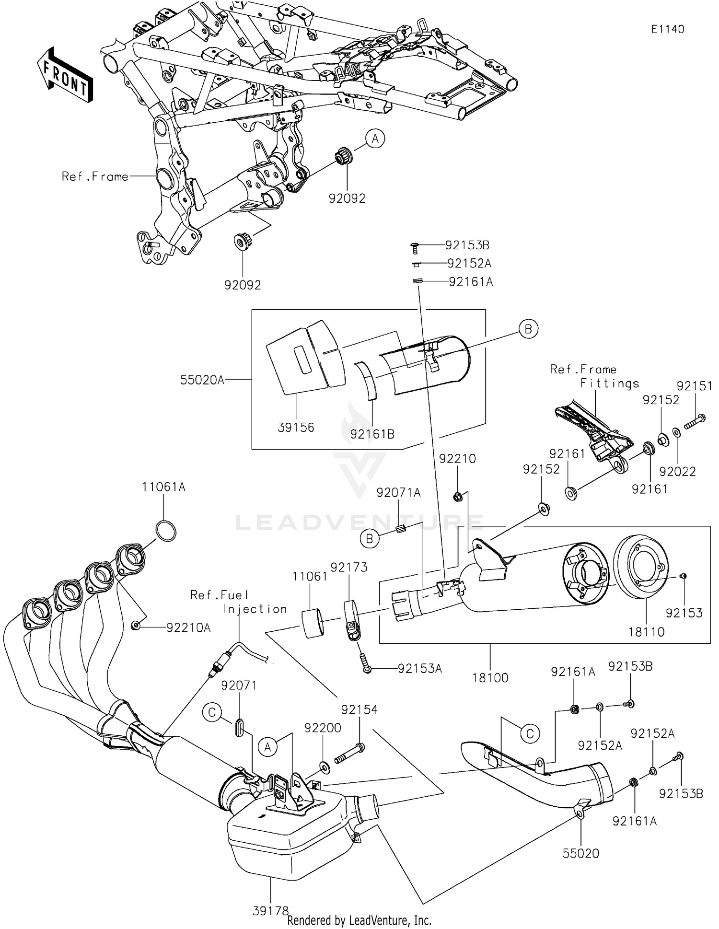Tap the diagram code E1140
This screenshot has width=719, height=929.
click(667, 29)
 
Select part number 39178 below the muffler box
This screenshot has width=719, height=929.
click(271, 910)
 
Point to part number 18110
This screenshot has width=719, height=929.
click(646, 631)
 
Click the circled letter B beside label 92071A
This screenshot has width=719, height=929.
click(370, 539)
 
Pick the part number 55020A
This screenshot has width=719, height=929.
click(202, 380)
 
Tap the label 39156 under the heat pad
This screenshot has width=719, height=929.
click(296, 427)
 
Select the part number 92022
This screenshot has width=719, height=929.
click(677, 471)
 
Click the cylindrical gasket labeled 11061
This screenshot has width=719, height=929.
click(312, 623)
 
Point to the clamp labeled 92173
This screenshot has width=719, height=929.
click(351, 622)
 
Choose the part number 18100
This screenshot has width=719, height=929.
click(490, 677)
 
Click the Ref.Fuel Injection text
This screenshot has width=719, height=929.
click(238, 602)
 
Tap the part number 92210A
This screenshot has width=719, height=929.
click(188, 627)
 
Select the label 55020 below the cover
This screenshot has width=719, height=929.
click(580, 853)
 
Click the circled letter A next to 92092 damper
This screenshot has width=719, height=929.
click(375, 139)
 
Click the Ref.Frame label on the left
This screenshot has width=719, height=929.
click(95, 176)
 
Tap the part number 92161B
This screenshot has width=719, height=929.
click(372, 434)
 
